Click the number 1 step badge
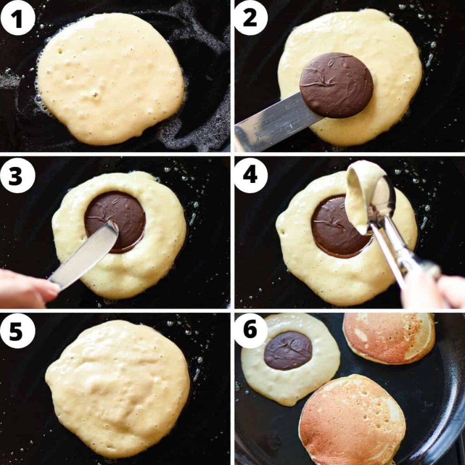(18, 18)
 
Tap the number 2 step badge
(251, 18)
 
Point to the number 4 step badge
(251, 175)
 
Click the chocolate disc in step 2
(336, 85)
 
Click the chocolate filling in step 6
(287, 351)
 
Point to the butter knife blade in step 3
(84, 255)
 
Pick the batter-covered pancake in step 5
(118, 389)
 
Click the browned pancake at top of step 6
(389, 338)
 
